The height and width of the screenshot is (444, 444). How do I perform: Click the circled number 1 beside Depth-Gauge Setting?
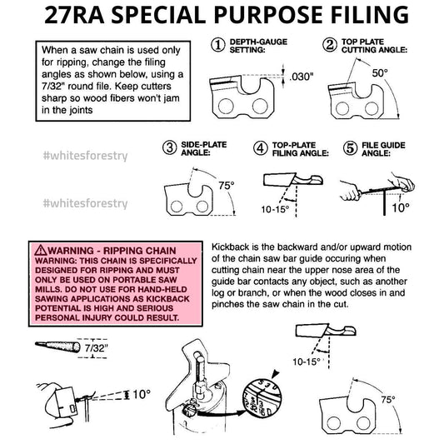coord(218,45)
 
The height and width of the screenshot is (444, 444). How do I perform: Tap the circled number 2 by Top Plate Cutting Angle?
coord(330,45)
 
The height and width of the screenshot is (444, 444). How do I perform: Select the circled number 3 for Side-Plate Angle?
coord(170,147)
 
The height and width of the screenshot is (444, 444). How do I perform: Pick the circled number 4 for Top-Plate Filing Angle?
coord(261,148)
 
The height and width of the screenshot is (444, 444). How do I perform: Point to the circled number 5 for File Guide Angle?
coord(350,148)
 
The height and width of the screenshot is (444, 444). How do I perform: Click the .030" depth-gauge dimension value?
coord(302,77)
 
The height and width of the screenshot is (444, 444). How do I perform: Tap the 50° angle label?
coord(380,73)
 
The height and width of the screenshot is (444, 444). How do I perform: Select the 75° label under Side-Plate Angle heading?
coord(227,186)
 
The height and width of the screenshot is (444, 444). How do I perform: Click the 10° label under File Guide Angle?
coord(401,207)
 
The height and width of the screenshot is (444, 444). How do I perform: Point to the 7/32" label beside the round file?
coord(97,348)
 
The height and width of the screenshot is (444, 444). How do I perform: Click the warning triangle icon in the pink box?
coord(41,250)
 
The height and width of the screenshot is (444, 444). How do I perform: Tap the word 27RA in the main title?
coord(74,15)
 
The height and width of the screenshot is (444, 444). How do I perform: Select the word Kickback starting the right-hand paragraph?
coord(231,247)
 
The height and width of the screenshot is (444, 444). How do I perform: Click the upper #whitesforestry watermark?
coord(85,156)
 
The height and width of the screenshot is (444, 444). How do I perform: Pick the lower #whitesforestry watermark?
coord(85,203)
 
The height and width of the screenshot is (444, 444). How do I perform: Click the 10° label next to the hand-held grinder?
coord(142,394)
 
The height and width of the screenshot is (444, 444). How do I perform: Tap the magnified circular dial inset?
coord(262,397)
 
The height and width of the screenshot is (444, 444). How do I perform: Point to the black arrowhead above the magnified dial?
coord(275,374)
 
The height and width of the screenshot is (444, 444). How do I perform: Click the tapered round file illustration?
coord(57,347)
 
